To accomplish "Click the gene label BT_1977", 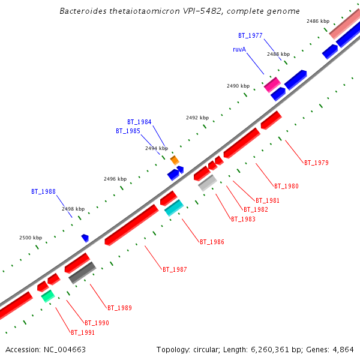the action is click(x=250, y=36).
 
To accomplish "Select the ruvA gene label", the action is click(x=239, y=49).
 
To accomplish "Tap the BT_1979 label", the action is click(x=316, y=163).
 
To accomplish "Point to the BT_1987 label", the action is click(x=175, y=269).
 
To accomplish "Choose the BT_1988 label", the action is click(x=43, y=192).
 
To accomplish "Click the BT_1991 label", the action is click(x=83, y=332).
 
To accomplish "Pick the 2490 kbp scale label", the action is click(x=238, y=86).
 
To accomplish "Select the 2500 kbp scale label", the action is click(x=30, y=238).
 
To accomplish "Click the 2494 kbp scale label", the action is click(x=156, y=148).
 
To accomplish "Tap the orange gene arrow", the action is click(x=175, y=160).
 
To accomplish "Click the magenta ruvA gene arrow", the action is click(x=272, y=84).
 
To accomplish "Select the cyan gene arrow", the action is click(x=174, y=208).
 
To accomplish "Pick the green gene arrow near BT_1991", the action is click(x=48, y=295).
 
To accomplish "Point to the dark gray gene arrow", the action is click(x=82, y=272).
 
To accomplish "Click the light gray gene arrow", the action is click(x=207, y=182).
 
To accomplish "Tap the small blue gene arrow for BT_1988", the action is click(x=85, y=238).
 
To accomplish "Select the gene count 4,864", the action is click(x=343, y=349).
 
